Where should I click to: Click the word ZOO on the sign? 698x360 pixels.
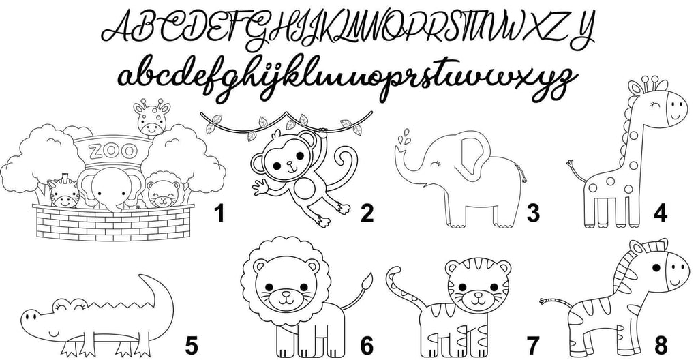coord(112,151)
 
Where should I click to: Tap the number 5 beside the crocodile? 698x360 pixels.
coord(192,346)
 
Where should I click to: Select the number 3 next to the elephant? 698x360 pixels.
coord(533,213)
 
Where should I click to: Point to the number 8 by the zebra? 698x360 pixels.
coord(661,345)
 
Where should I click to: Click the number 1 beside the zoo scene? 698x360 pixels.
coord(219,213)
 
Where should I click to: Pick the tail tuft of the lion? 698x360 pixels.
coord(367,281)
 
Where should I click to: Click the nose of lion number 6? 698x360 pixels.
coord(285,294)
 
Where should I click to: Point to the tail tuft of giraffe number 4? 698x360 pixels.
coord(571,165)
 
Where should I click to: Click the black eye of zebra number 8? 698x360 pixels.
coord(656,267)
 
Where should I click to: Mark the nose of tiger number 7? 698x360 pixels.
coord(479,295)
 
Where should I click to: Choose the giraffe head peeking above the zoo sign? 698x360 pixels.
coord(152,117)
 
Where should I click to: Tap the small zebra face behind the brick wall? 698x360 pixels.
coord(64,192)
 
